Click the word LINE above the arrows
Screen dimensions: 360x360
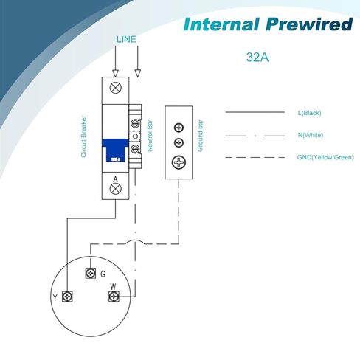tap(126, 39)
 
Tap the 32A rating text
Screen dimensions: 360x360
tap(257, 57)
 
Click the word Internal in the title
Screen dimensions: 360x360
tap(221, 24)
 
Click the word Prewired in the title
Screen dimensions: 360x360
tap(309, 24)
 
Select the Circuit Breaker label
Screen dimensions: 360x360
tap(83, 136)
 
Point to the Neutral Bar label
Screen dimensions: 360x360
tap(150, 136)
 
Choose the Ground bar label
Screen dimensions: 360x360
tap(201, 136)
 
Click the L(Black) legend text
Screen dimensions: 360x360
tap(310, 113)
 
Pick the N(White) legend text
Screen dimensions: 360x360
tap(311, 135)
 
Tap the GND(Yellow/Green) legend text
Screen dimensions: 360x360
tap(325, 157)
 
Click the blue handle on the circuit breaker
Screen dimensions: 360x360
tap(115, 150)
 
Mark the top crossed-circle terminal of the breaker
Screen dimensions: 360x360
tap(115, 88)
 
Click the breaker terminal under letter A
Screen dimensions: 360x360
tap(115, 189)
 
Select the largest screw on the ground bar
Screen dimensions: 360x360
tap(179, 162)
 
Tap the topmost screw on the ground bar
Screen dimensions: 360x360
tap(179, 128)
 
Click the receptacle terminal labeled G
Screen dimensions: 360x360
tap(91, 273)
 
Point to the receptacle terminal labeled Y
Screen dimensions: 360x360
tap(67, 297)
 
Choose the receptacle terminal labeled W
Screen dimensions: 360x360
tap(114, 297)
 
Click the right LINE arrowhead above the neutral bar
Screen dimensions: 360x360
tap(138, 73)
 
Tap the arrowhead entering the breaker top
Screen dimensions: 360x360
tap(115, 73)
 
